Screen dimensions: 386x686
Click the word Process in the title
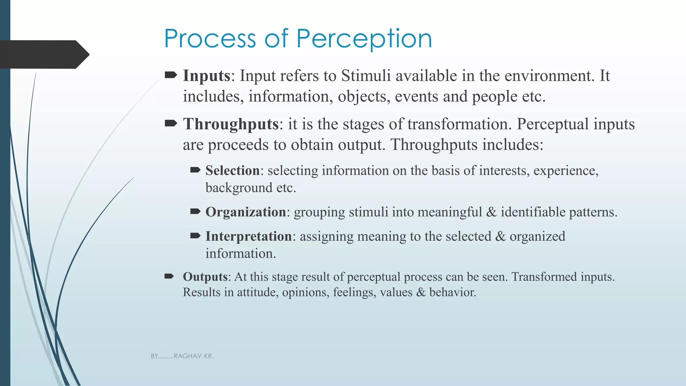[210, 39]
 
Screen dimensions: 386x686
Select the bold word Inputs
[206, 76]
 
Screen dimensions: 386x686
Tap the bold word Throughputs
[230, 124]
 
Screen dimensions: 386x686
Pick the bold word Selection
[232, 171]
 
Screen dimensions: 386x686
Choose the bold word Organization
[246, 212]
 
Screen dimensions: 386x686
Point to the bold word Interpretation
[249, 236]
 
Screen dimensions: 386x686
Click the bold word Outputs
[205, 277]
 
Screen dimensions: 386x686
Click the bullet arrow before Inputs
[171, 75]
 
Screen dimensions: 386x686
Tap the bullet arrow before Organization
[195, 211]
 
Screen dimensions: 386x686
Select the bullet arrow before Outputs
[169, 276]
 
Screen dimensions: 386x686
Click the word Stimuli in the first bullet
[366, 76]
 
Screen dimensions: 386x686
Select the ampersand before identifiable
[491, 212]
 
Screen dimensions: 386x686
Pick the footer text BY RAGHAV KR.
[182, 356]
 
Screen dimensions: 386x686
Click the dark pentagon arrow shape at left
[44, 54]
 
